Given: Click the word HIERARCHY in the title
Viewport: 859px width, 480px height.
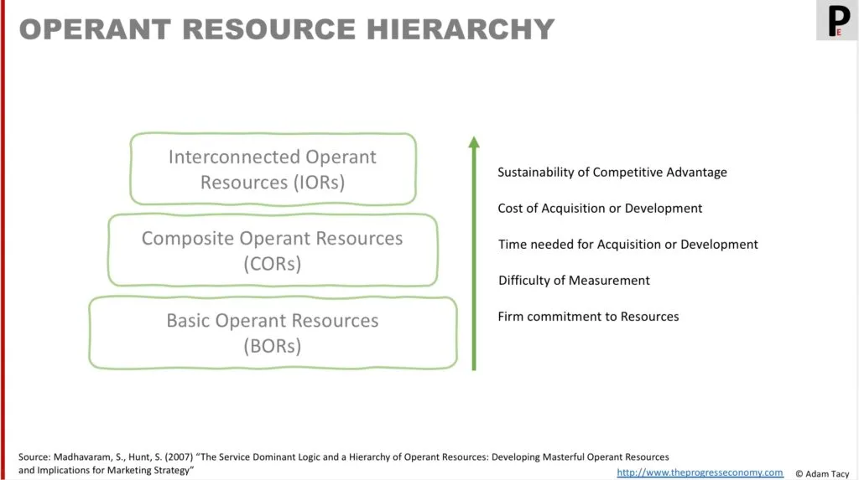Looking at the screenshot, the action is pos(461,29).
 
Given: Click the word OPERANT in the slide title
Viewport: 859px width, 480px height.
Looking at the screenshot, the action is pos(95,29).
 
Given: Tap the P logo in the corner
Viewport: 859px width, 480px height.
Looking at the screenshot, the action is pos(837,20).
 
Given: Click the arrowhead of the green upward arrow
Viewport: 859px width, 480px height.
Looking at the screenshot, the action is pos(474,142).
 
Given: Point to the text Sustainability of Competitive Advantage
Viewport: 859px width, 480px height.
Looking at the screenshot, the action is pos(612,173).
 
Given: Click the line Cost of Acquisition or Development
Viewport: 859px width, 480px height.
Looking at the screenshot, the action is pos(600,209).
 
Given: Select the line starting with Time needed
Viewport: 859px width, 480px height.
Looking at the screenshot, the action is pos(627,245).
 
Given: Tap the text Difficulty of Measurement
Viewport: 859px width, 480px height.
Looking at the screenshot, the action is pos(574,281).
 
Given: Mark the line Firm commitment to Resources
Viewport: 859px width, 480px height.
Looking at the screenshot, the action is pos(588,317).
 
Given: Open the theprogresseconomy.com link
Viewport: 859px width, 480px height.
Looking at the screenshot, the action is pos(700,472).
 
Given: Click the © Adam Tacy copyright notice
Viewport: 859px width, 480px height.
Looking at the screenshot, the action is pos(822,474).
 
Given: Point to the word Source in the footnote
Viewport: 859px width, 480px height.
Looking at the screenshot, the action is pos(34,457).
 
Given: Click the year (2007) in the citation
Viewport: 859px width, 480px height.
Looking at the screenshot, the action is pos(179,457).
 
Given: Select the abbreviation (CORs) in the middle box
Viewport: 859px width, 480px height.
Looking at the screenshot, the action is pos(273,264).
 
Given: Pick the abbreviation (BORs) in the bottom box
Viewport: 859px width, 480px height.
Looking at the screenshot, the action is pos(273,346).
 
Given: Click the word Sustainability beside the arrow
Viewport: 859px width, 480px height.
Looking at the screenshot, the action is pos(536,173).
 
